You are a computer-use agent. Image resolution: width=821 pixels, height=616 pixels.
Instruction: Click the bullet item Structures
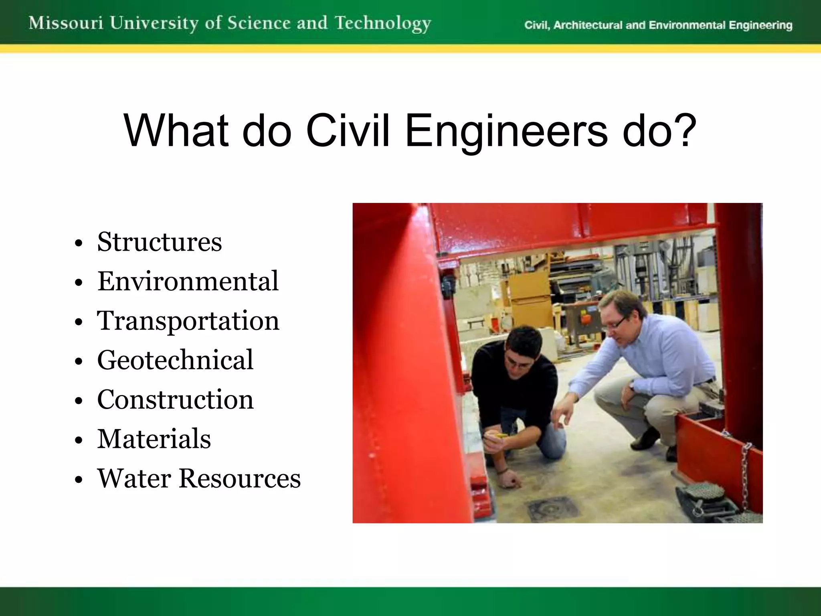point(159,242)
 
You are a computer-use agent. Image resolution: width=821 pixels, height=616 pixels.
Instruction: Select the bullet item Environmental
point(188,281)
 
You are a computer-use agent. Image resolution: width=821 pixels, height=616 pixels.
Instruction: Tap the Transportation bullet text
point(188,321)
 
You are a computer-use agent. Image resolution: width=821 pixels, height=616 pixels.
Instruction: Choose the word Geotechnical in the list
point(175,360)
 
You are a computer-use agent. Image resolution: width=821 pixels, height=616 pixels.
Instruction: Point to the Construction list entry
point(175,399)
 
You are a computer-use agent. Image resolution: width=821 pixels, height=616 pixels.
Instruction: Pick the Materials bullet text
point(154,439)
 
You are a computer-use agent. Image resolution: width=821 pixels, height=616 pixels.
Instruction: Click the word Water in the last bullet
point(134,478)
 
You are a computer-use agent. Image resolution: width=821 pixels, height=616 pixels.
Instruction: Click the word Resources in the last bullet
point(240,478)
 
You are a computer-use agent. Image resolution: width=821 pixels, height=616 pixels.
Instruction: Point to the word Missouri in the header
point(66,23)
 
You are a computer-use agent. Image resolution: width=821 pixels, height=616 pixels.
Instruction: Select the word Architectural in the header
point(588,25)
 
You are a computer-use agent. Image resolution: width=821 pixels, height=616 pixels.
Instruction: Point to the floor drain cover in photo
point(553,510)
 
